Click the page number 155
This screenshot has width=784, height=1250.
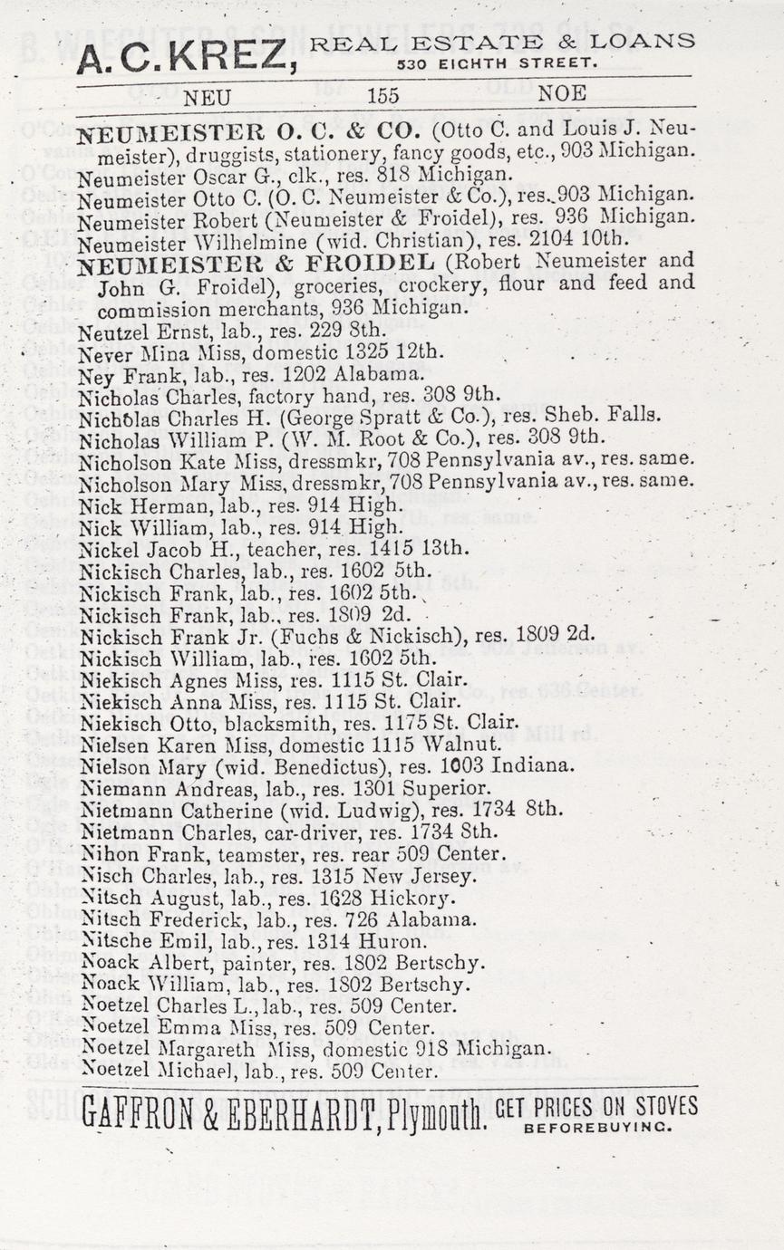pos(383,94)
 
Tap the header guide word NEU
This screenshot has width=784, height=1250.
pos(207,95)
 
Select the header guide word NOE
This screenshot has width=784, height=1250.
pos(562,93)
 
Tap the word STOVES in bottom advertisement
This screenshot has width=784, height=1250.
pos(664,1107)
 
